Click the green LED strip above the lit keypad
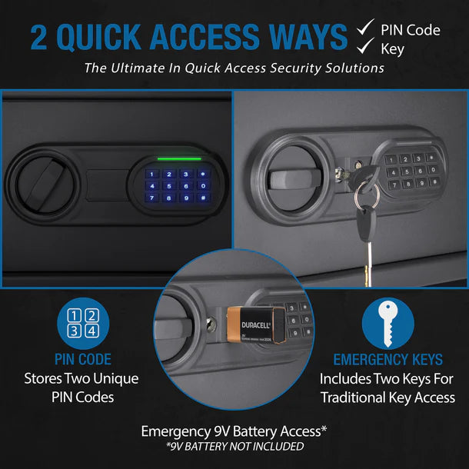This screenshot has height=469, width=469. tap(179, 159)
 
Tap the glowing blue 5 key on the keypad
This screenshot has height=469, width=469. tap(169, 186)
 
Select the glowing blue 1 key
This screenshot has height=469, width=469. tap(152, 174)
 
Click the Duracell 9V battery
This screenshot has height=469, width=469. tap(256, 324)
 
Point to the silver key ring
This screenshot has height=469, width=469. tap(367, 195)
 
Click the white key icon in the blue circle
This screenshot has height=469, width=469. tap(388, 324)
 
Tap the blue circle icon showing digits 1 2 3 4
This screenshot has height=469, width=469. tap(83, 324)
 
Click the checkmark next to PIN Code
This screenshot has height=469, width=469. tap(365, 27)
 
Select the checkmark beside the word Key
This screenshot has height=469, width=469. tap(365, 45)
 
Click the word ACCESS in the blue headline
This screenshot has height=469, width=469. tap(205, 37)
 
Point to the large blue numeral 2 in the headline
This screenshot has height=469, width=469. tap(39, 37)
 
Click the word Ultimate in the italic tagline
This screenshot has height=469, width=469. tap(138, 68)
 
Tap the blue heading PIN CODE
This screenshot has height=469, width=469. tap(83, 359)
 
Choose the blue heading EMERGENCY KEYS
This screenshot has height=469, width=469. tap(388, 359)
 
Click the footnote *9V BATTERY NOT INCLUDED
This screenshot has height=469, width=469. tap(234, 446)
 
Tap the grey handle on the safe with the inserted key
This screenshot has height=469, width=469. tap(294, 179)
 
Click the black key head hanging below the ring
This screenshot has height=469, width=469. tap(366, 221)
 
